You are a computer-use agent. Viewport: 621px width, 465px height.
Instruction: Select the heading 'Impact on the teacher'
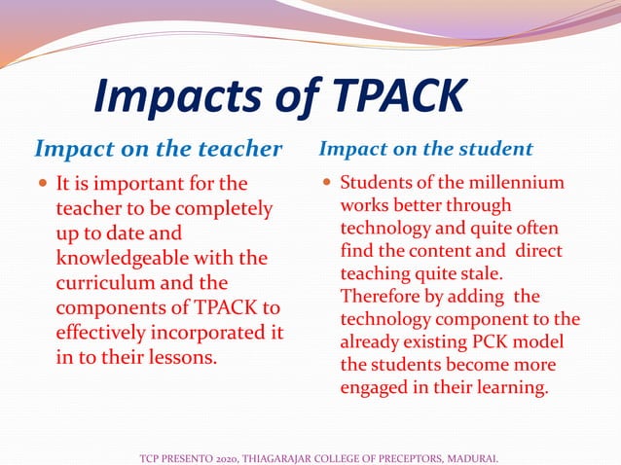click(158, 149)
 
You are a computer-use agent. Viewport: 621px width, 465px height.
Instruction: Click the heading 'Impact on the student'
click(426, 149)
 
